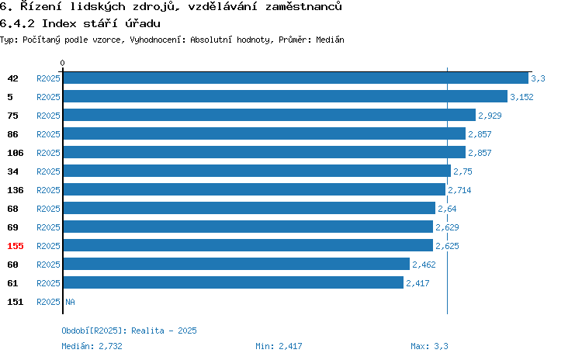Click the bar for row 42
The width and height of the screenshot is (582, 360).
[296, 78]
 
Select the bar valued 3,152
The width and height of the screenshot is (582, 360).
[286, 96]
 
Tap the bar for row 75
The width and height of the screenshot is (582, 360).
[269, 115]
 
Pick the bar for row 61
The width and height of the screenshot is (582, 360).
[234, 282]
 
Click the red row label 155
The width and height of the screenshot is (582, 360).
[16, 246]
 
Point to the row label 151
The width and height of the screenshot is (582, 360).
[16, 302]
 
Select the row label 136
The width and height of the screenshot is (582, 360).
[16, 190]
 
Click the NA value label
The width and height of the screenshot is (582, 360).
[70, 302]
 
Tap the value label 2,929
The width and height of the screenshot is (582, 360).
[490, 116]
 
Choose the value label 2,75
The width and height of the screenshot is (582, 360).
[462, 171]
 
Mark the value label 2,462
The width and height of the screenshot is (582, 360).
[424, 265]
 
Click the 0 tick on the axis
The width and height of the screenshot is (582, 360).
[62, 63]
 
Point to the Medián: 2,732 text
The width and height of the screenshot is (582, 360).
[92, 346]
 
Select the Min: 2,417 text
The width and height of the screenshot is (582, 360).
[279, 346]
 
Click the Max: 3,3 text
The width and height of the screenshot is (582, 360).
[429, 346]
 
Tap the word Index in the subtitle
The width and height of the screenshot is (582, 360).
[59, 24]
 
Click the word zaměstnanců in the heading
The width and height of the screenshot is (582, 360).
[303, 6]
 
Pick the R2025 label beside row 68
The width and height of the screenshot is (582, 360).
[48, 209]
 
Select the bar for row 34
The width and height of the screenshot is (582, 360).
[257, 171]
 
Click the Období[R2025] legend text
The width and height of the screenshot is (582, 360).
[92, 331]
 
